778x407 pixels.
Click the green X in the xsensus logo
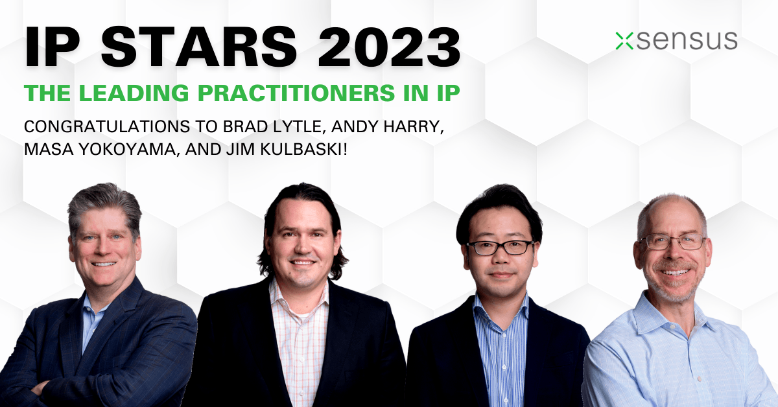(624, 41)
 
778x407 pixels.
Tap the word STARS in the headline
(198, 46)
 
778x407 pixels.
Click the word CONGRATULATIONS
(107, 127)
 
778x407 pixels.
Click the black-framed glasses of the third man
(500, 248)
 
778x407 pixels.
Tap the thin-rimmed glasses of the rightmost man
(673, 242)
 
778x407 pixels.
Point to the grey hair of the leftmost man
(105, 205)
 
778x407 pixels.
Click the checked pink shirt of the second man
(300, 340)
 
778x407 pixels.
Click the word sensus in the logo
(687, 41)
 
